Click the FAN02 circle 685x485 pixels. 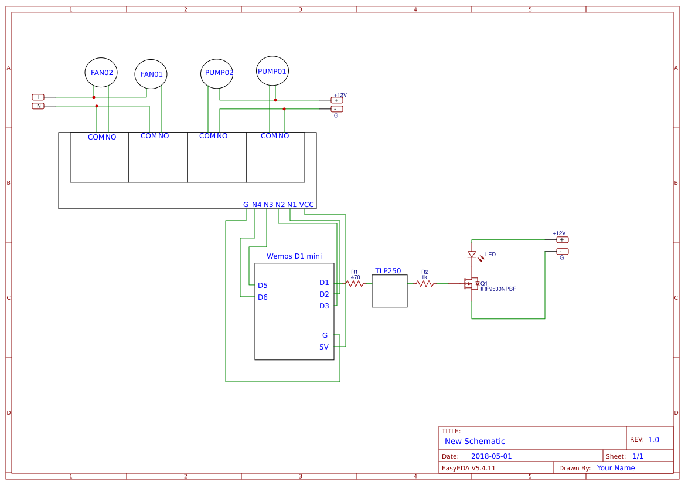pyautogui.click(x=101, y=73)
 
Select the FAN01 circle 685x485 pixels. pyautogui.click(x=151, y=74)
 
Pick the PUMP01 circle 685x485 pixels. pyautogui.click(x=272, y=71)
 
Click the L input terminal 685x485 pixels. pyautogui.click(x=39, y=97)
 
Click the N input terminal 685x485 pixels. pyautogui.click(x=39, y=106)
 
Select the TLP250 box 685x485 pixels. pyautogui.click(x=390, y=291)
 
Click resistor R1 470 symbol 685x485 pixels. pyautogui.click(x=355, y=284)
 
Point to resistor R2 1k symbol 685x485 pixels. pyautogui.click(x=425, y=284)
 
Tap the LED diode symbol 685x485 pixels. pyautogui.click(x=472, y=255)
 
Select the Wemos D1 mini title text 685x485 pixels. pyautogui.click(x=294, y=256)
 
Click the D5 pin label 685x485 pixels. pyautogui.click(x=263, y=286)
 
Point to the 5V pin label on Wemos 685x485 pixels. pyautogui.click(x=324, y=347)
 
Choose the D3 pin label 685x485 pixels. pyautogui.click(x=324, y=306)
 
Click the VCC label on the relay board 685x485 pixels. pyautogui.click(x=306, y=205)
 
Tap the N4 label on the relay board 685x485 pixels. pyautogui.click(x=257, y=205)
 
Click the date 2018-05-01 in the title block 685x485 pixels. pyautogui.click(x=491, y=456)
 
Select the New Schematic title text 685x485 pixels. pyautogui.click(x=475, y=442)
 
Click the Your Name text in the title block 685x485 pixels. pyautogui.click(x=616, y=468)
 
